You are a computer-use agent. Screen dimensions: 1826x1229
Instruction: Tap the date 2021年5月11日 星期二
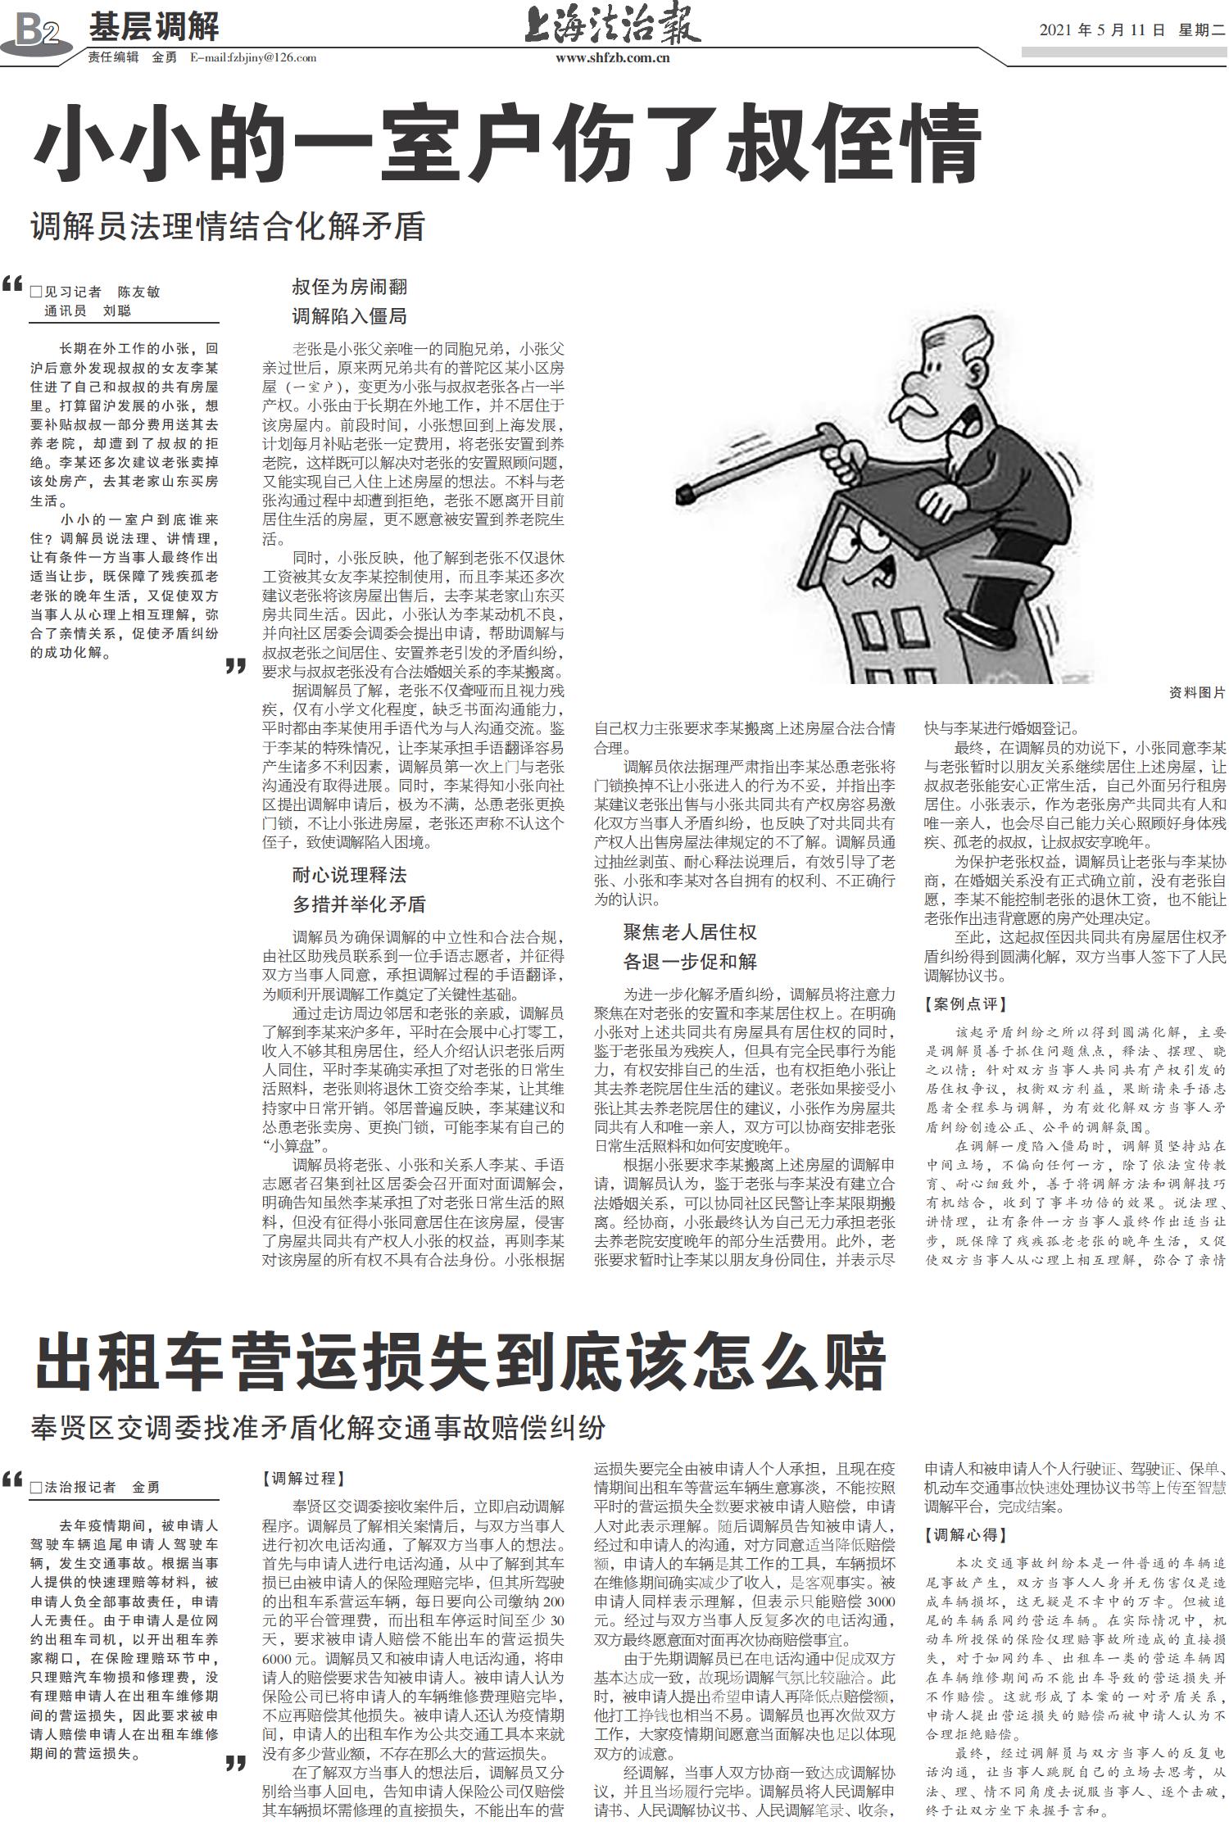(x=1131, y=30)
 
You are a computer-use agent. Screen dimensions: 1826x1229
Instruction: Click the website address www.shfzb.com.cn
(x=613, y=58)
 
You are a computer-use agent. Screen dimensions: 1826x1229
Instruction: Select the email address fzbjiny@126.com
(x=253, y=58)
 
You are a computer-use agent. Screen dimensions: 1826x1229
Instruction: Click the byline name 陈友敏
(x=138, y=292)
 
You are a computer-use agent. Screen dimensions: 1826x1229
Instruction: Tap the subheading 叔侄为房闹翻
(x=349, y=288)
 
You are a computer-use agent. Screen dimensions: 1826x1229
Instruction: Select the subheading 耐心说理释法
(x=349, y=875)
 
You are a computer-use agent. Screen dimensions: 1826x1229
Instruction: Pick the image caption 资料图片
(x=1196, y=693)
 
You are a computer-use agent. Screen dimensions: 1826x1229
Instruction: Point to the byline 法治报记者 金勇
(x=102, y=1487)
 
